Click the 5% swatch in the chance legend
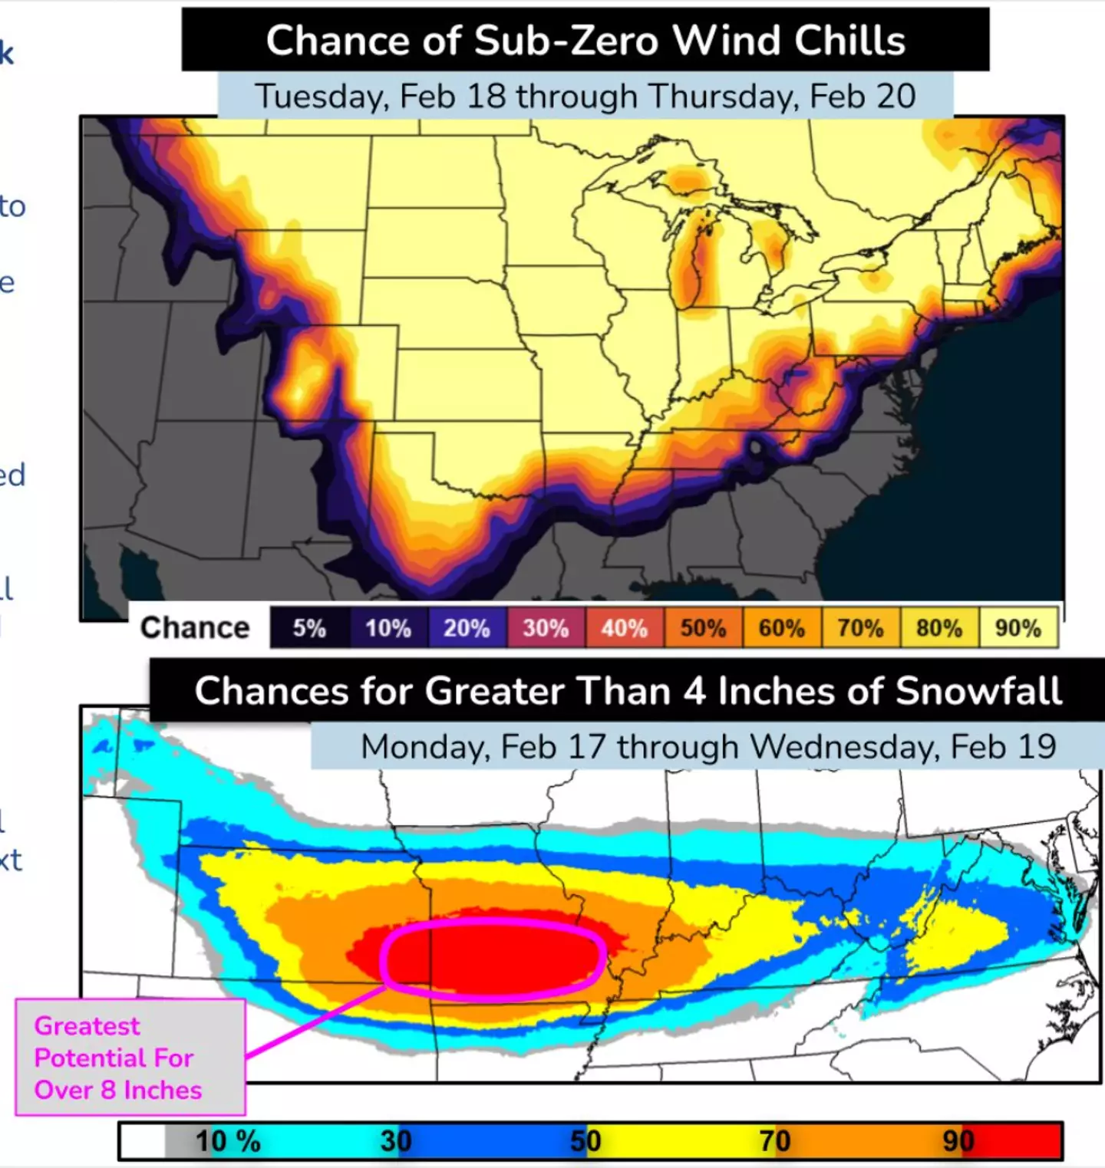coord(309,628)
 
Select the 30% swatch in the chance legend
coord(546,628)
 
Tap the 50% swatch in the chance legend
coord(703,628)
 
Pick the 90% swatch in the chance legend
coord(1018,628)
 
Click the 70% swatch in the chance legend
coord(860,628)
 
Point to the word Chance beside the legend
coord(195,628)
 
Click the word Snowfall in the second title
coord(978,691)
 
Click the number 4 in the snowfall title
coord(694,691)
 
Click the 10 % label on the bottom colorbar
coord(227,1141)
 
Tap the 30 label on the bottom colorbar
coord(396,1141)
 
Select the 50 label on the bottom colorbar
coord(585,1141)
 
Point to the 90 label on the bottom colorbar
coord(958,1141)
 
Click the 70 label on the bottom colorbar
coord(775,1141)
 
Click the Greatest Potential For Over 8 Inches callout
coord(130,1058)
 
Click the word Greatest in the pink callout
coord(87,1026)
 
